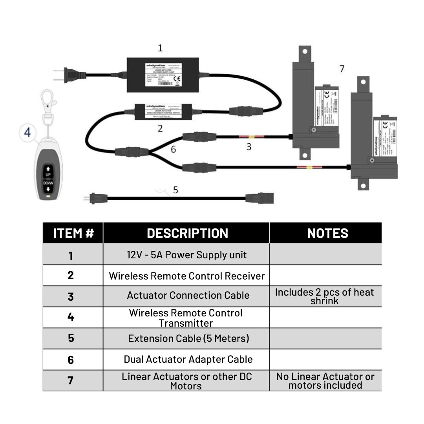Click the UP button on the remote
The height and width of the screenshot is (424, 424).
pos(48,171)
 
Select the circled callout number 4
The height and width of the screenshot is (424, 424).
pos(27,132)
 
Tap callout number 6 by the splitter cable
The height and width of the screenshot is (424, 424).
pos(173,149)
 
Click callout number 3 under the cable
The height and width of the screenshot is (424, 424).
pos(249,147)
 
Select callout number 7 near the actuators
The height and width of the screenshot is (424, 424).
pos(342,69)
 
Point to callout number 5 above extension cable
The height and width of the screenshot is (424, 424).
pos(175,190)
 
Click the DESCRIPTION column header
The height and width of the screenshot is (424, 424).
pos(187,233)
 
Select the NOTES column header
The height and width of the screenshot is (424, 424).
pos(327,233)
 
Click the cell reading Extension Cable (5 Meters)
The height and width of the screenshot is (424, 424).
pos(188,338)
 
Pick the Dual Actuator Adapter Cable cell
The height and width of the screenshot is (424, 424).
pos(188,359)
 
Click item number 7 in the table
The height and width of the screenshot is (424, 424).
pos(71,380)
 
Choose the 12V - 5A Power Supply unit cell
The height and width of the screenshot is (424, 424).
pos(186,255)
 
